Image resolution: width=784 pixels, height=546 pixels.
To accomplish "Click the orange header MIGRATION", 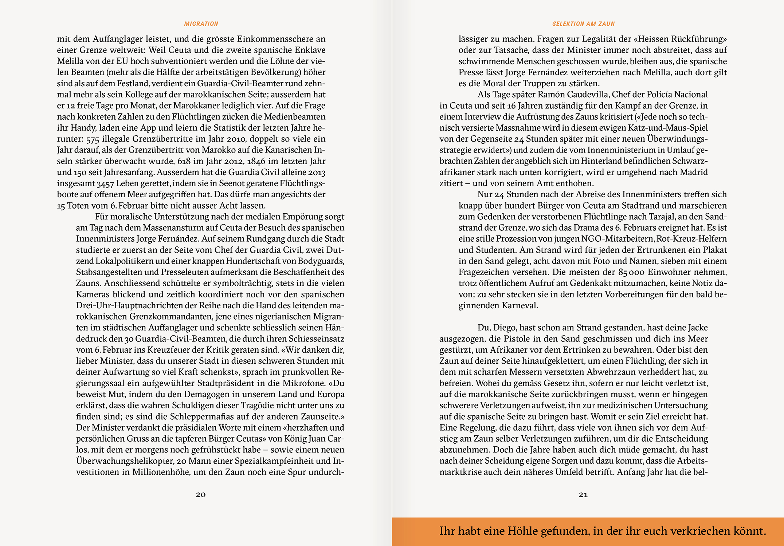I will [x=201, y=24].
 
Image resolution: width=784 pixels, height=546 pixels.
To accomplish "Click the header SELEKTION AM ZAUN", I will [x=583, y=24].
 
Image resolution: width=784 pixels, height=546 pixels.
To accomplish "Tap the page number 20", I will [x=201, y=495].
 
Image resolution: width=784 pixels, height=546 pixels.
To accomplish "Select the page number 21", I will [x=583, y=495].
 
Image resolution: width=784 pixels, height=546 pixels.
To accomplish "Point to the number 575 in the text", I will [x=93, y=139].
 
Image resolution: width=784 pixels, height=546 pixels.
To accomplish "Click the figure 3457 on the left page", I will [x=105, y=184].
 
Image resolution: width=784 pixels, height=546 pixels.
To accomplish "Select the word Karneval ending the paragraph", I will [x=520, y=305].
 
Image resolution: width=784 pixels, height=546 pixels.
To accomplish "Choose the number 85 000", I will [x=631, y=272].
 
